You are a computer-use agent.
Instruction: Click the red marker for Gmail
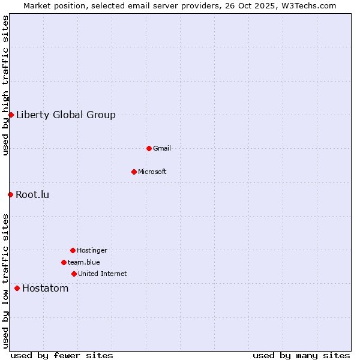pos(149,148)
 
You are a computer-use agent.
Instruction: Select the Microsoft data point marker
pos(134,172)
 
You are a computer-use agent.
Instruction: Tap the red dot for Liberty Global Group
pos(11,115)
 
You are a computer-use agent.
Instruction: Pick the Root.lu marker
pos(10,194)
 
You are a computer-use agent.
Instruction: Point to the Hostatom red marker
pos(17,288)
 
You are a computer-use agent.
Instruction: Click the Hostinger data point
pos(73,250)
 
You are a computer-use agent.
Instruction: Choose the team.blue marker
pos(64,262)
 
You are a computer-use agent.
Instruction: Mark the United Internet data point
pos(74,274)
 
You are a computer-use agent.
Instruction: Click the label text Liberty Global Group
pos(66,115)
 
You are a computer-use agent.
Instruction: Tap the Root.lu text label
pos(32,194)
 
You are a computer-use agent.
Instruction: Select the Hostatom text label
pos(46,289)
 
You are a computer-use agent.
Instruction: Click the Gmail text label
pos(162,148)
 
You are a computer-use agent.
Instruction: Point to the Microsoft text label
pos(152,172)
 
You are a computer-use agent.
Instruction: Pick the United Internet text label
pos(103,274)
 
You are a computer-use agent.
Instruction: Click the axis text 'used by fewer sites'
pos(62,355)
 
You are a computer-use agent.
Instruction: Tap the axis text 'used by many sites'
pos(301,355)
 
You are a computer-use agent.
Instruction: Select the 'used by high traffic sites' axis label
pos(5,86)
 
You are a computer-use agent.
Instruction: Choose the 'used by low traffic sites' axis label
pos(5,281)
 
